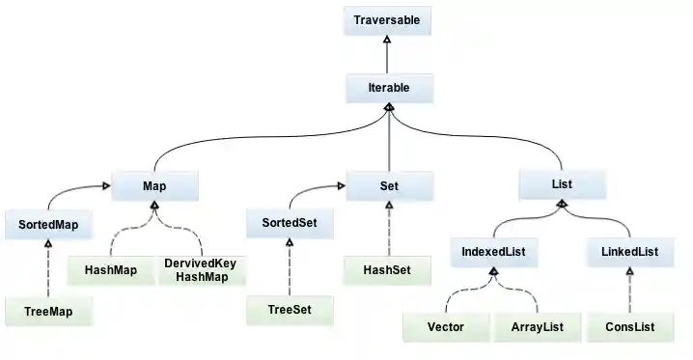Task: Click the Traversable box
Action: [386, 19]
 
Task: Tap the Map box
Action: [154, 185]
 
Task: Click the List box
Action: [562, 185]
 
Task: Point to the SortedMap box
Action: [47, 226]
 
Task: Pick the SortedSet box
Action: [289, 226]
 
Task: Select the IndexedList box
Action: [494, 253]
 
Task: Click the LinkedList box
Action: [628, 253]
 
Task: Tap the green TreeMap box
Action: [47, 311]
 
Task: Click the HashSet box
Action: [386, 270]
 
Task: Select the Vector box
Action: [445, 327]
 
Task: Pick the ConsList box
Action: [628, 327]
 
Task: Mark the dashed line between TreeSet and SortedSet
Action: [289, 270]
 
